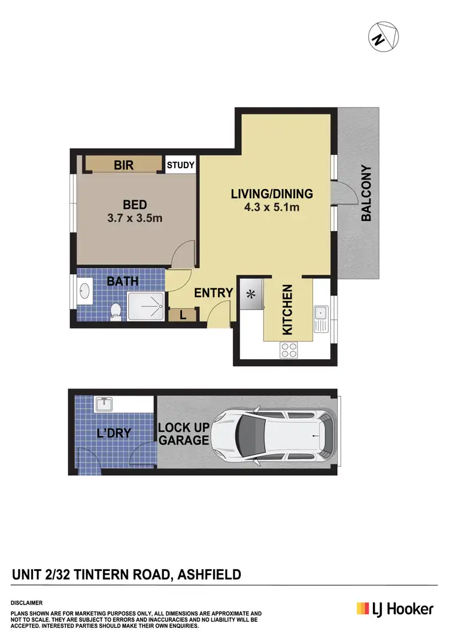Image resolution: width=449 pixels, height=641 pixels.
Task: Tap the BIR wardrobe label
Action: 123,165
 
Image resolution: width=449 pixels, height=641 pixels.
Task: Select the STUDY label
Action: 180,165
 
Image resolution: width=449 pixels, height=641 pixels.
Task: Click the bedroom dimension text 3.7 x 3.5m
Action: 135,218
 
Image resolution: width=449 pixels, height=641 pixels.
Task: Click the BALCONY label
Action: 366,194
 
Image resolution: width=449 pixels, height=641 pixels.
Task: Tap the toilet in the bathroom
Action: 117,310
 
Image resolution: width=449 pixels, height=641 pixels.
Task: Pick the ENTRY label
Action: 213,293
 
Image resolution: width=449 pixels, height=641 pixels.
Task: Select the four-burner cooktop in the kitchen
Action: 289,350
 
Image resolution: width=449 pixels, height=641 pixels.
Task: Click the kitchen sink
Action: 321,313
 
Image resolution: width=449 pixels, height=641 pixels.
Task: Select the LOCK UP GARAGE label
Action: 184,435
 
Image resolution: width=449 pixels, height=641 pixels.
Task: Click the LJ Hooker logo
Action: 395,609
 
